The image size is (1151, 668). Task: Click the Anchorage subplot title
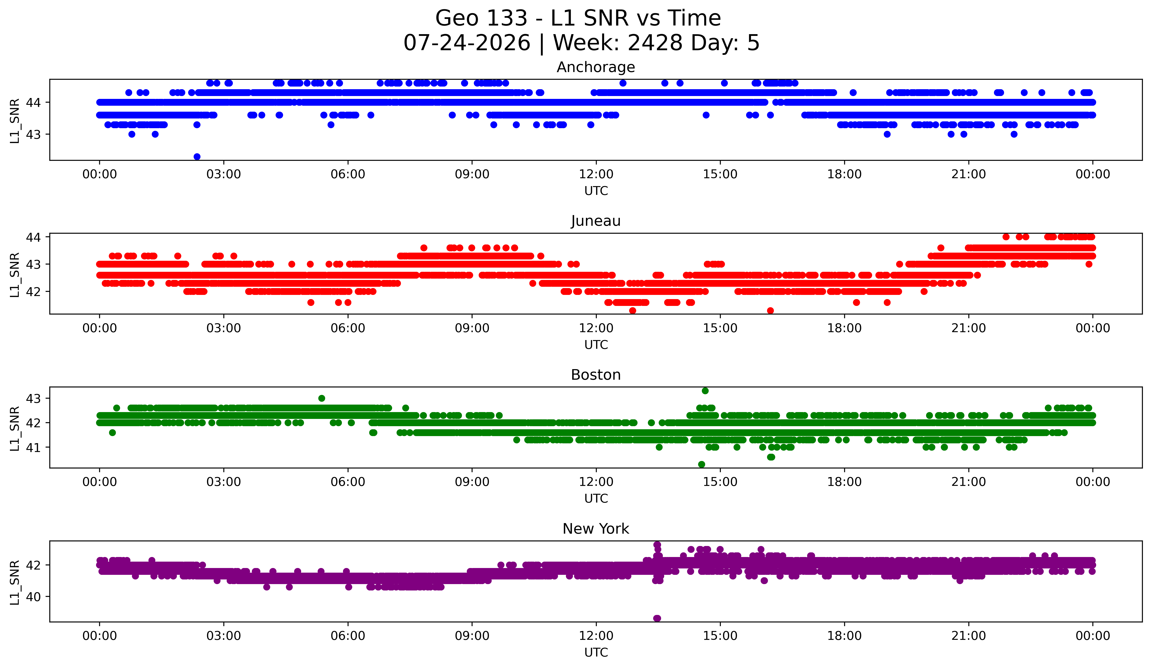tap(596, 67)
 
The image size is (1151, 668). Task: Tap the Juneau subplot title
tap(596, 221)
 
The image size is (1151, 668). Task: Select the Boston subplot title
tap(596, 375)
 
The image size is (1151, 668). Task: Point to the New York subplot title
tap(596, 529)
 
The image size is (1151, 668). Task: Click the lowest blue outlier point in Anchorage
tap(197, 157)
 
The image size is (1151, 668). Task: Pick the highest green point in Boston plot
tap(705, 391)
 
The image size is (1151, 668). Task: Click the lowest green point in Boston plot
tap(702, 464)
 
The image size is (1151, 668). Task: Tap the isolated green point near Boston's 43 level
tap(322, 398)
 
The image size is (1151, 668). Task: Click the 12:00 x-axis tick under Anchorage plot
tap(596, 174)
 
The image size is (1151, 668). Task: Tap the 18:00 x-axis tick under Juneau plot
tap(844, 328)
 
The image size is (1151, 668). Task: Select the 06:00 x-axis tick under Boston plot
tap(348, 482)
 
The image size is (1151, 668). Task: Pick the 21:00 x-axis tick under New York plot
tap(968, 636)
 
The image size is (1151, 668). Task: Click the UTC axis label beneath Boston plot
tap(596, 499)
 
